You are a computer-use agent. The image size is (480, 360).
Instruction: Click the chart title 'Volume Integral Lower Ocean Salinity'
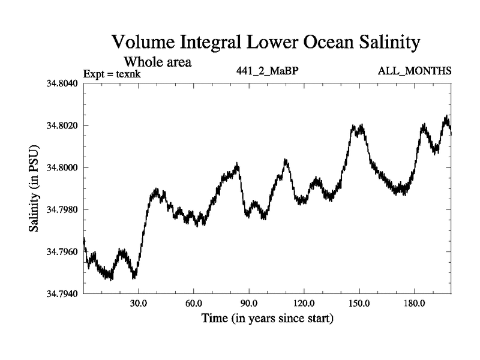click(x=265, y=43)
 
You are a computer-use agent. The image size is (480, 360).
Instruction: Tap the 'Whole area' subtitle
click(x=157, y=61)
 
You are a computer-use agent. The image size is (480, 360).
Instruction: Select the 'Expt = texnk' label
click(x=115, y=74)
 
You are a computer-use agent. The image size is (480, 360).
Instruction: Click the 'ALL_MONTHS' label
click(x=415, y=71)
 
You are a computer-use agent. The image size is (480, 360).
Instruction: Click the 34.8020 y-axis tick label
click(x=62, y=125)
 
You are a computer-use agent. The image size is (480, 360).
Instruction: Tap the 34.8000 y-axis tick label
click(x=62, y=167)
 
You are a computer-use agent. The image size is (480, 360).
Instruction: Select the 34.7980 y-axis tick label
click(x=62, y=209)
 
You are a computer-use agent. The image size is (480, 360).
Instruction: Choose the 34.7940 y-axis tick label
click(x=62, y=293)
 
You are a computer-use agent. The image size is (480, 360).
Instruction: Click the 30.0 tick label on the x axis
click(x=139, y=304)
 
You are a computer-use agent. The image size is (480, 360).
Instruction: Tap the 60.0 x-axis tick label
click(x=194, y=304)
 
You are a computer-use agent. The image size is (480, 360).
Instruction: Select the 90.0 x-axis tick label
click(x=249, y=304)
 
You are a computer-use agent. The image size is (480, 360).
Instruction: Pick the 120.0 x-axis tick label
click(x=304, y=304)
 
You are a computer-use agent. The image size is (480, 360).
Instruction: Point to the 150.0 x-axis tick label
click(x=359, y=304)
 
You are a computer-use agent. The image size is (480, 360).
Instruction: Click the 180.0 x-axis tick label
click(x=415, y=304)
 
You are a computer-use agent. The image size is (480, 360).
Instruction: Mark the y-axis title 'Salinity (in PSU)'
click(x=34, y=188)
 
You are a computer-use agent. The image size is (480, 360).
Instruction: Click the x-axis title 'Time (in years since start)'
click(x=267, y=318)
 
